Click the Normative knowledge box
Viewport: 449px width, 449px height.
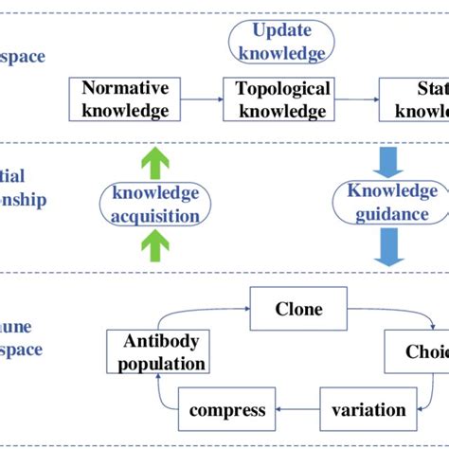pos(125,99)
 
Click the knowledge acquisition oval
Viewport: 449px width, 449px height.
pos(156,204)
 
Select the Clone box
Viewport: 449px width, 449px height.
pos(298,309)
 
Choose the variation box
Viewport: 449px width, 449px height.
pos(368,410)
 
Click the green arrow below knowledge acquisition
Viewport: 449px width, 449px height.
pos(156,248)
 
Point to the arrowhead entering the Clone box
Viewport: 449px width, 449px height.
pos(243,309)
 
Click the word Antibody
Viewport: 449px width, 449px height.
pos(156,341)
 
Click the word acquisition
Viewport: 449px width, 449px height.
pos(156,215)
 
